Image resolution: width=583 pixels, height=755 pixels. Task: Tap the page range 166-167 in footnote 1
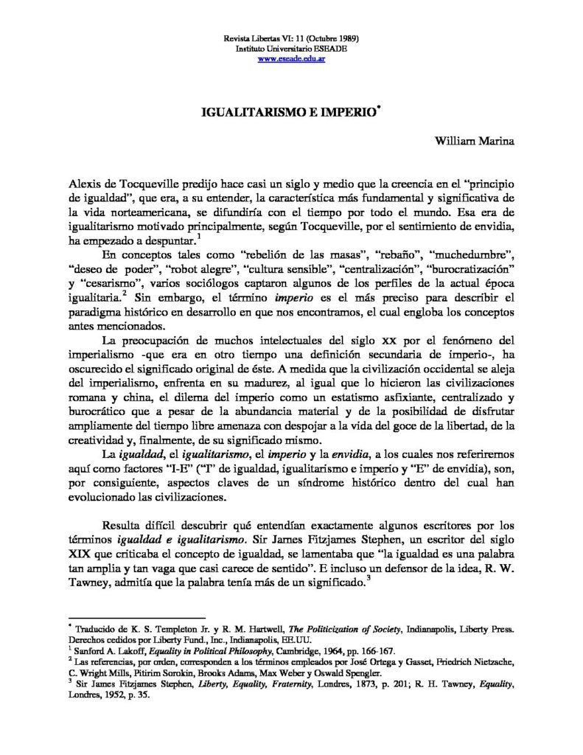(376, 651)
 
